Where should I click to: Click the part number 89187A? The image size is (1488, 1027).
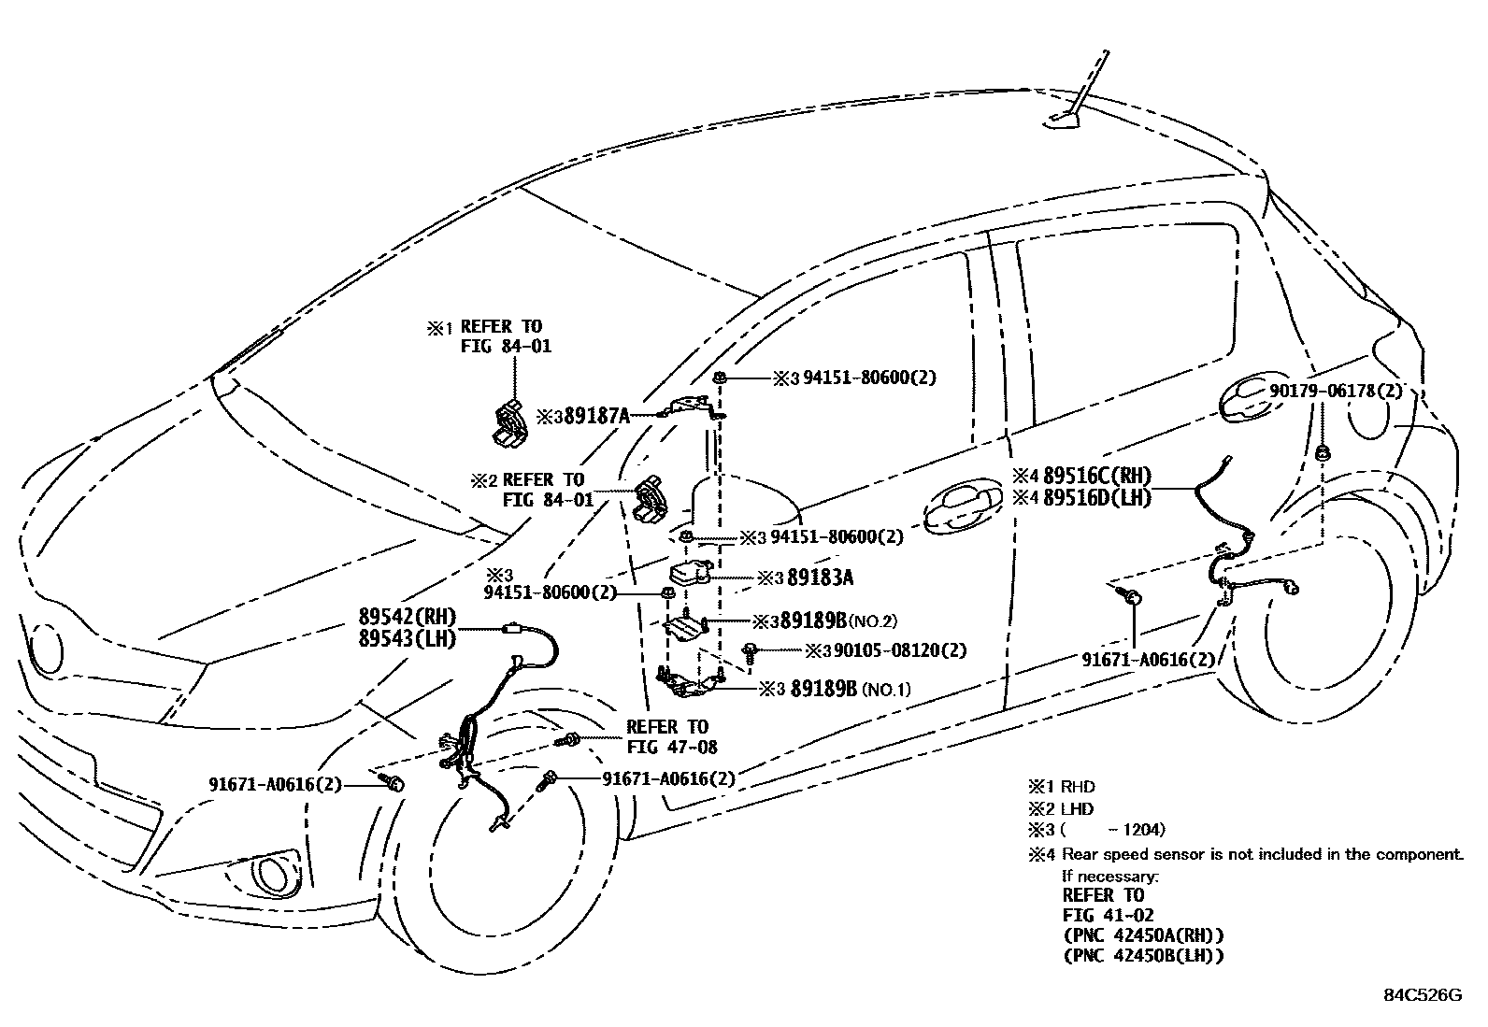(596, 416)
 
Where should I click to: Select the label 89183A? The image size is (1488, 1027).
(820, 578)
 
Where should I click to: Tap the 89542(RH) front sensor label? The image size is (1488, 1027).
(407, 617)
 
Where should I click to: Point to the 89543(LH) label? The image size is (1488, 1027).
(407, 639)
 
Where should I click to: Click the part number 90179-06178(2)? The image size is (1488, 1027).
(1336, 391)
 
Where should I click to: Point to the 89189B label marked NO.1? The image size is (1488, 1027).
(823, 690)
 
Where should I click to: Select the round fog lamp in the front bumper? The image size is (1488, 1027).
(271, 874)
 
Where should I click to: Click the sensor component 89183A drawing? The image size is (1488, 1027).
(689, 573)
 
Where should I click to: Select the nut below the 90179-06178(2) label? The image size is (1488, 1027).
(1323, 454)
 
